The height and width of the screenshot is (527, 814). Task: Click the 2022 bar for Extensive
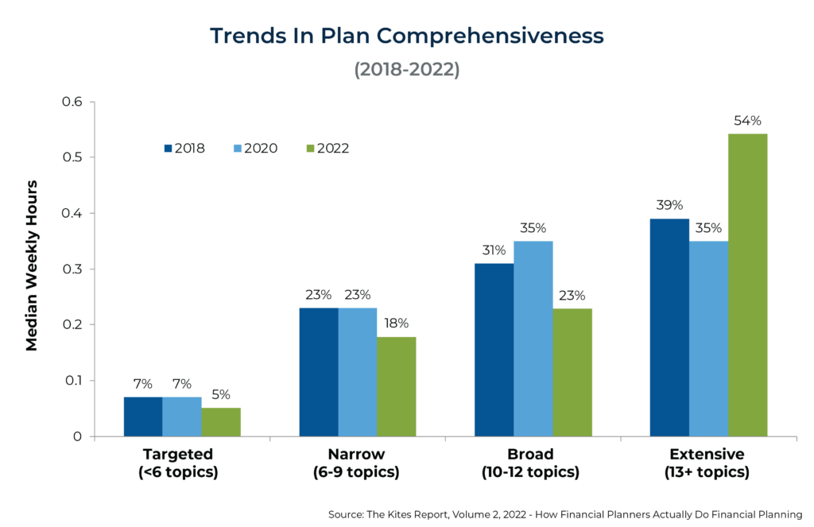pos(747,285)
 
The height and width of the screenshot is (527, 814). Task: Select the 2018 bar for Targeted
pos(143,417)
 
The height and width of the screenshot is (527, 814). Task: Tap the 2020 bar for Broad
pos(533,339)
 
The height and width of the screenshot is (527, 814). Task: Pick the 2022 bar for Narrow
pos(396,386)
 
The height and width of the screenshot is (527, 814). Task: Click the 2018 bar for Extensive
pos(669,327)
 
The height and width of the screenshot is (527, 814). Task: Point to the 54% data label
pos(747,121)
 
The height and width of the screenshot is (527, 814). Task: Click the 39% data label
pos(669,205)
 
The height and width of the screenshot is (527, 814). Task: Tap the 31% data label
pos(494,250)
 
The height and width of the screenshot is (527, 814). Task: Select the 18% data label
pos(396,324)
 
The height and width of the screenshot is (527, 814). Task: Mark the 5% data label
pos(221,394)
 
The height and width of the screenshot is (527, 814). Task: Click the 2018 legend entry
pos(184,148)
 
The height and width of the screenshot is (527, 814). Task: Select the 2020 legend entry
pos(257,148)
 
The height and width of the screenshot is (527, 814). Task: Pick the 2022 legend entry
pos(328,148)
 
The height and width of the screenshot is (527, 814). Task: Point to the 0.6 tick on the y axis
pos(73,102)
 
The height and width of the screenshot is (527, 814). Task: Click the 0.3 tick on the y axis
pos(73,269)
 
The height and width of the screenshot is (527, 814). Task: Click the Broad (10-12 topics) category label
pos(530,463)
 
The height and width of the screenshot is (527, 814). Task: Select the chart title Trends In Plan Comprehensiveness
pos(406,36)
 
